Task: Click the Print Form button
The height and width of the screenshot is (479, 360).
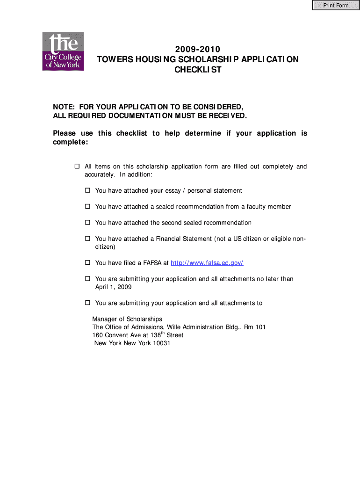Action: (336, 6)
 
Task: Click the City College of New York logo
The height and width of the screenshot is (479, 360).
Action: (63, 51)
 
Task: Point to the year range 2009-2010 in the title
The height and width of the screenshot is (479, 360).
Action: (197, 49)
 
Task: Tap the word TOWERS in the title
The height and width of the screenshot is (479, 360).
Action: (114, 59)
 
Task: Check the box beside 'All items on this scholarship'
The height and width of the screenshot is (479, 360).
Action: (78, 167)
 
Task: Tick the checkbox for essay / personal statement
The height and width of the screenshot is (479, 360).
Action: (87, 191)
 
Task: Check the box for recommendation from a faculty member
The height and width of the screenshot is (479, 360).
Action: (87, 207)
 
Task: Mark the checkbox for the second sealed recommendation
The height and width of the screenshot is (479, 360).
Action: (87, 223)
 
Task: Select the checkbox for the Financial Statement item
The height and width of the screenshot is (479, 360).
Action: (87, 239)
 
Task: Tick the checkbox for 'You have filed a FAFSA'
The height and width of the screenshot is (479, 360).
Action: (87, 263)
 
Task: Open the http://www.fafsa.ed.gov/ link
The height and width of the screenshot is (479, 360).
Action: (207, 263)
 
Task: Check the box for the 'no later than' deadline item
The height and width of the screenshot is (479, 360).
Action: (87, 279)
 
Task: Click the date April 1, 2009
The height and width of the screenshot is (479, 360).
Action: (113, 287)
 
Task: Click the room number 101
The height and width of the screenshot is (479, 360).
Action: (260, 327)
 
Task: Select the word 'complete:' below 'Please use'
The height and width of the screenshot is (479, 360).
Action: (70, 142)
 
